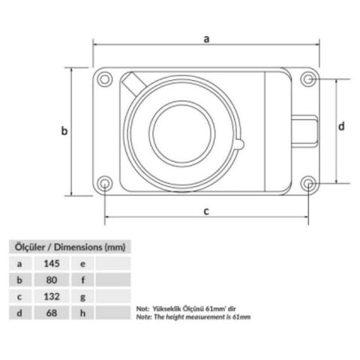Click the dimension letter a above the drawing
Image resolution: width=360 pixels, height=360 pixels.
pos(206,39)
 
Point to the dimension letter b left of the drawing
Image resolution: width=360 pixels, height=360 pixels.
pos(64,130)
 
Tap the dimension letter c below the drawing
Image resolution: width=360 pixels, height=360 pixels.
pos(206,211)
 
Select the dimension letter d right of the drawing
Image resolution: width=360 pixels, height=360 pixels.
pos(341,126)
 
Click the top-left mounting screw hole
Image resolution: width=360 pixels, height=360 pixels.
pos(104,79)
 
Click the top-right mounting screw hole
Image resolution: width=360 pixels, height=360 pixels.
pos(308,79)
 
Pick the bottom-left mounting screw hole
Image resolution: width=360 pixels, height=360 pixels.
pos(104,184)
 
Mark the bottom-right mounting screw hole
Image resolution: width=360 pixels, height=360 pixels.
pos(308,184)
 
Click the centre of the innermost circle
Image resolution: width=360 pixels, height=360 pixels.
pos(182,133)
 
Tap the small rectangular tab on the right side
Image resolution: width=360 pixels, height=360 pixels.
pos(305,131)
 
